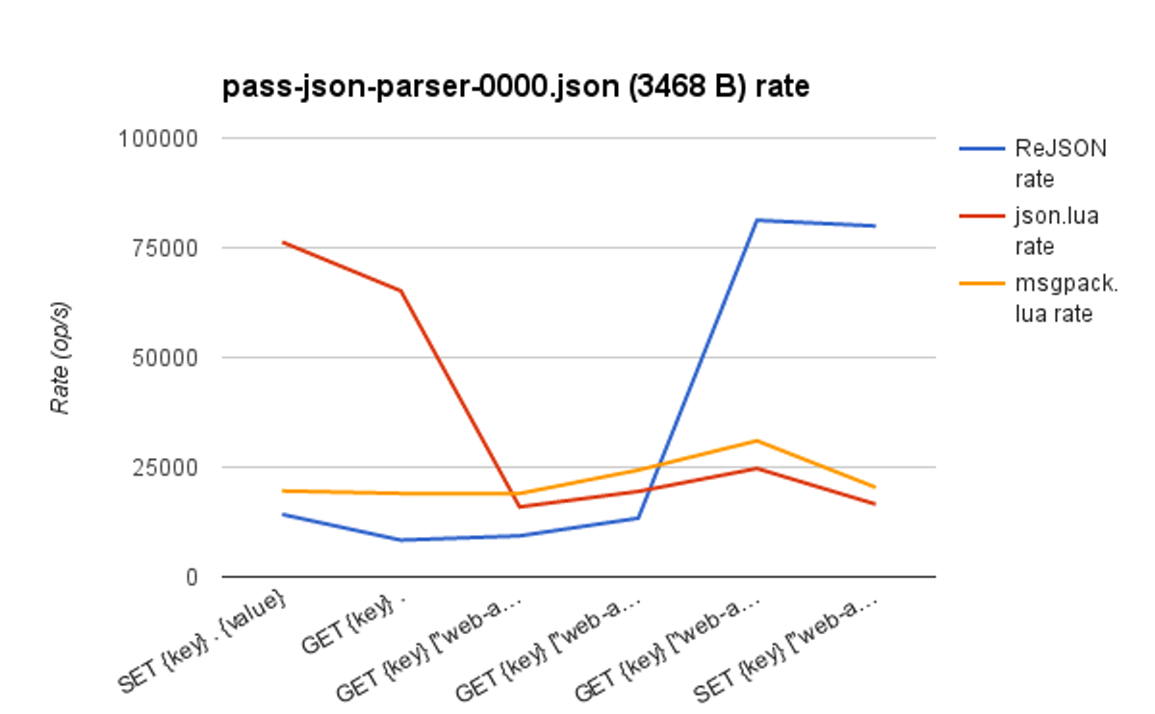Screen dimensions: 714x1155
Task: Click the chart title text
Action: click(516, 88)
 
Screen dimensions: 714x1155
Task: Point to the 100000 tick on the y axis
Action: click(158, 139)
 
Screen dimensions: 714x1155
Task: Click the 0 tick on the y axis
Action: click(191, 577)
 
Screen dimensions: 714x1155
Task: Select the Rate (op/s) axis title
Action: click(62, 357)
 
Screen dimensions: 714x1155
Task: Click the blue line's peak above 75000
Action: click(757, 220)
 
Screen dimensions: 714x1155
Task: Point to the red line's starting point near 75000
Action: click(282, 242)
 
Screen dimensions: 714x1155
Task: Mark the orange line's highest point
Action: click(757, 441)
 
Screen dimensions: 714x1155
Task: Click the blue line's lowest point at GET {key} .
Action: click(400, 540)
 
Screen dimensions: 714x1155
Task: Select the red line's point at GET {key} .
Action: click(400, 291)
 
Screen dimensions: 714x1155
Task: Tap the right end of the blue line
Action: click(875, 226)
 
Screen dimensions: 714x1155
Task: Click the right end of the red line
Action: click(875, 504)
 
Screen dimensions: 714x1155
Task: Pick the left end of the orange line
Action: click(282, 491)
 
